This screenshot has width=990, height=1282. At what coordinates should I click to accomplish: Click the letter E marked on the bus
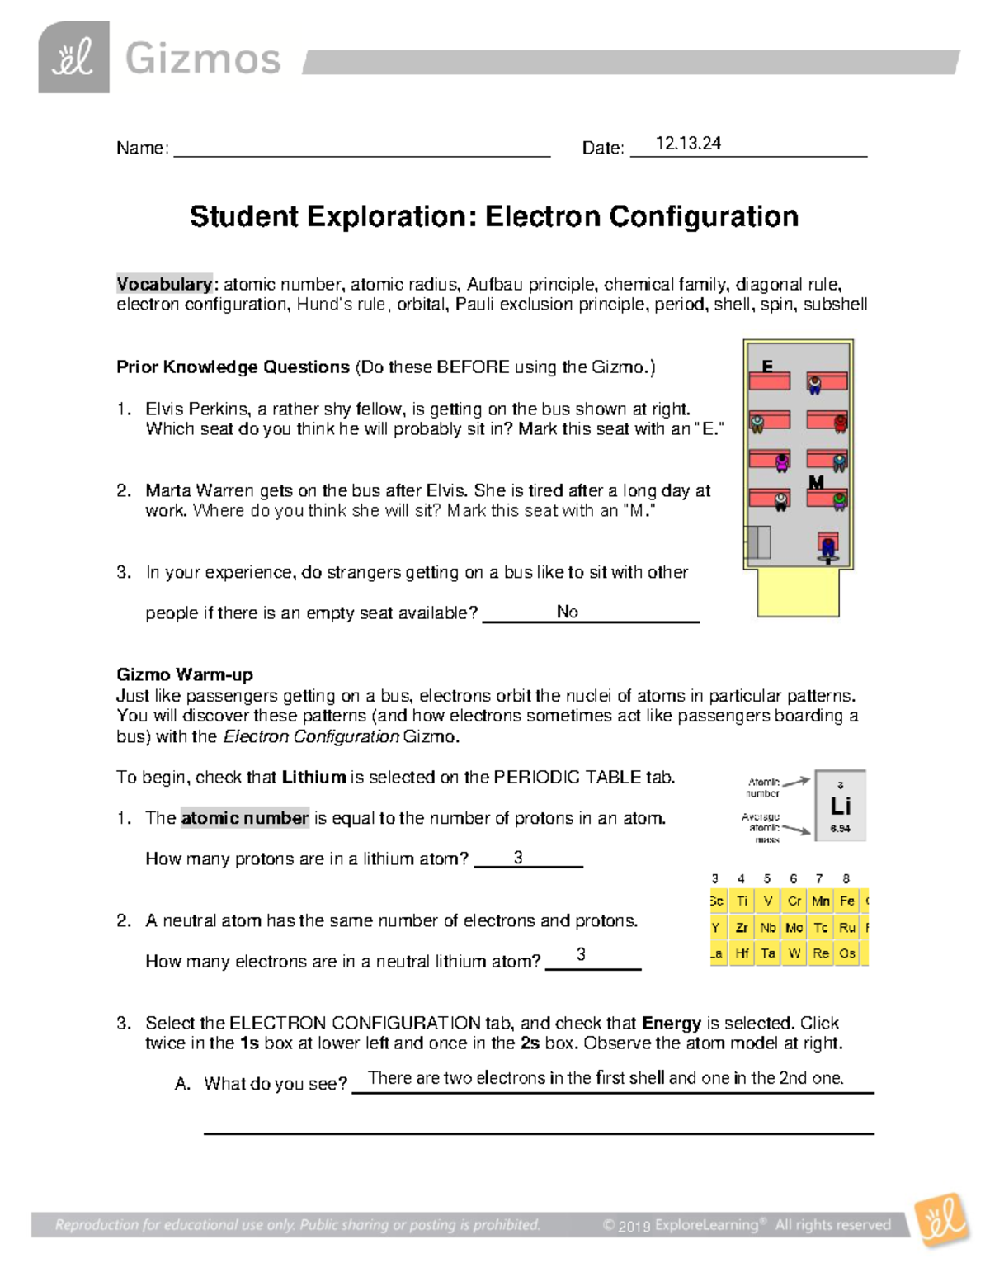(767, 366)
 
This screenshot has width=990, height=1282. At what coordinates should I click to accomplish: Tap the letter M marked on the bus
(816, 482)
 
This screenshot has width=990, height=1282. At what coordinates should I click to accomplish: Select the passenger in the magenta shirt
(782, 463)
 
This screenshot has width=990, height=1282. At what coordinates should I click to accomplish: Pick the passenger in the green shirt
(839, 500)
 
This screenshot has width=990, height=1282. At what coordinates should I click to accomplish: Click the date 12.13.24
(688, 144)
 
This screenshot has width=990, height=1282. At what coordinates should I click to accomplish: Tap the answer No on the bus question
(567, 612)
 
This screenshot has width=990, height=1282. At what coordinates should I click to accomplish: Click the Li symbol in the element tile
(840, 806)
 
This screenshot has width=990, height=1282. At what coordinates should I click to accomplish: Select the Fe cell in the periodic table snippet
(846, 901)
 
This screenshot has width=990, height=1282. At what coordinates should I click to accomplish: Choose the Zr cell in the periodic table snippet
(742, 928)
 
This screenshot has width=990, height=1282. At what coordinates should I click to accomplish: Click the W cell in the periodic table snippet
(794, 953)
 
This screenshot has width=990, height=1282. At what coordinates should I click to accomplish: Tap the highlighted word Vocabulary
(164, 284)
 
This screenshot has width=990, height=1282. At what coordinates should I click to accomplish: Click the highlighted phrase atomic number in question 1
(244, 818)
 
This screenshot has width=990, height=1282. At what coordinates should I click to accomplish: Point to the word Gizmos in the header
(203, 59)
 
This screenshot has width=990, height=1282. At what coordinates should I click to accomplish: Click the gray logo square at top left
(73, 57)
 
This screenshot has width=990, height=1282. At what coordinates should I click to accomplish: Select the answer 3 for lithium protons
(518, 858)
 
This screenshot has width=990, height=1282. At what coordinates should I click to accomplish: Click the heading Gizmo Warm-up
(185, 674)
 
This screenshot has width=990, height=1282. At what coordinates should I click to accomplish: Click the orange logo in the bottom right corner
(942, 1219)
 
